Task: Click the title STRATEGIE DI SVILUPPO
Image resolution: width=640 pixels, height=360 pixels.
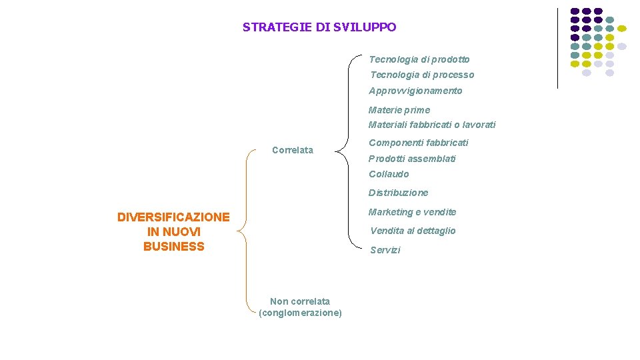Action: coord(319,27)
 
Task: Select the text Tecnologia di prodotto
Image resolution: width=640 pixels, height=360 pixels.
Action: coord(419,59)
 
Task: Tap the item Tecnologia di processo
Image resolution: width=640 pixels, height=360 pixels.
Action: coord(422,75)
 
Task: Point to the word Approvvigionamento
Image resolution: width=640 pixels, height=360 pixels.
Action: coord(415,91)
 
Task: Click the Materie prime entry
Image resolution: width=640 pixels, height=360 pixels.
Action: coord(399,110)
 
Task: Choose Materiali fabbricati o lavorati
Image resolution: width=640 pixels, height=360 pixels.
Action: coord(432,125)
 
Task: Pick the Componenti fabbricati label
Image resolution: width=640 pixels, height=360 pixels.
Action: coord(419,143)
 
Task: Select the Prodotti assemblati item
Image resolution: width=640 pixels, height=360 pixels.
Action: coord(413,159)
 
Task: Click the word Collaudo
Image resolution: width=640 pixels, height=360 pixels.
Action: coord(389,174)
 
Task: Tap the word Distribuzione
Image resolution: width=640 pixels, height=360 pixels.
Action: coord(399,193)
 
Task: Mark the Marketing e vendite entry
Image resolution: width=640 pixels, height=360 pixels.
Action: coord(413,212)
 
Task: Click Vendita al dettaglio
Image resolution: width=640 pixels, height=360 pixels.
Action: coord(413,231)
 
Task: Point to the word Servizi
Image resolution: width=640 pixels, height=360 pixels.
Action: coord(385,250)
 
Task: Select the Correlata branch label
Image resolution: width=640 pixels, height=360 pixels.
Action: coord(293,150)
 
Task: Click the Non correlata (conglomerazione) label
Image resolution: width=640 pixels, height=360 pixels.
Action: coord(300,307)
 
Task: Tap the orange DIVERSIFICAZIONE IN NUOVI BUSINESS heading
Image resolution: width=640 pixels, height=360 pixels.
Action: coord(173,231)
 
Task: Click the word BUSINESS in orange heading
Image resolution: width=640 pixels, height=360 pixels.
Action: coord(173,247)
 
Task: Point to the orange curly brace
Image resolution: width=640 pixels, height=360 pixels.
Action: coord(246,230)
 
